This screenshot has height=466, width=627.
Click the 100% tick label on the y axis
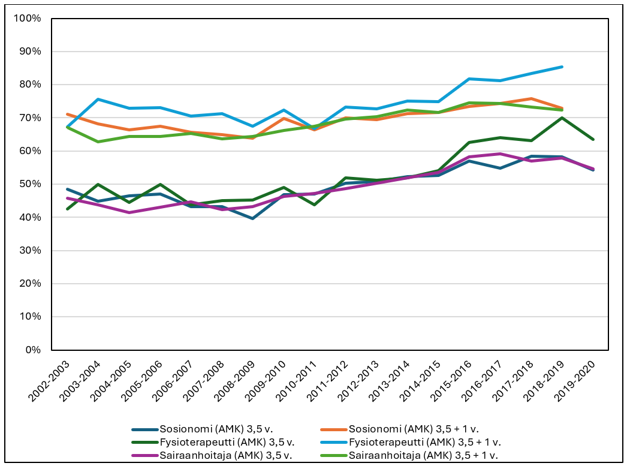coord(28,18)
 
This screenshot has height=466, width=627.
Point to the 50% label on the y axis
coord(30,184)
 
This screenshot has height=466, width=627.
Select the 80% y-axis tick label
coord(30,85)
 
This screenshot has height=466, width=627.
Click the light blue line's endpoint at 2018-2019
coord(562,67)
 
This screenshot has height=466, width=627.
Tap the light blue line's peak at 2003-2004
coord(98,99)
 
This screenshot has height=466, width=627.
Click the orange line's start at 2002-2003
coord(67,114)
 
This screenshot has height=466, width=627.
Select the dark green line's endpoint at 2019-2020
coord(593,139)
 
